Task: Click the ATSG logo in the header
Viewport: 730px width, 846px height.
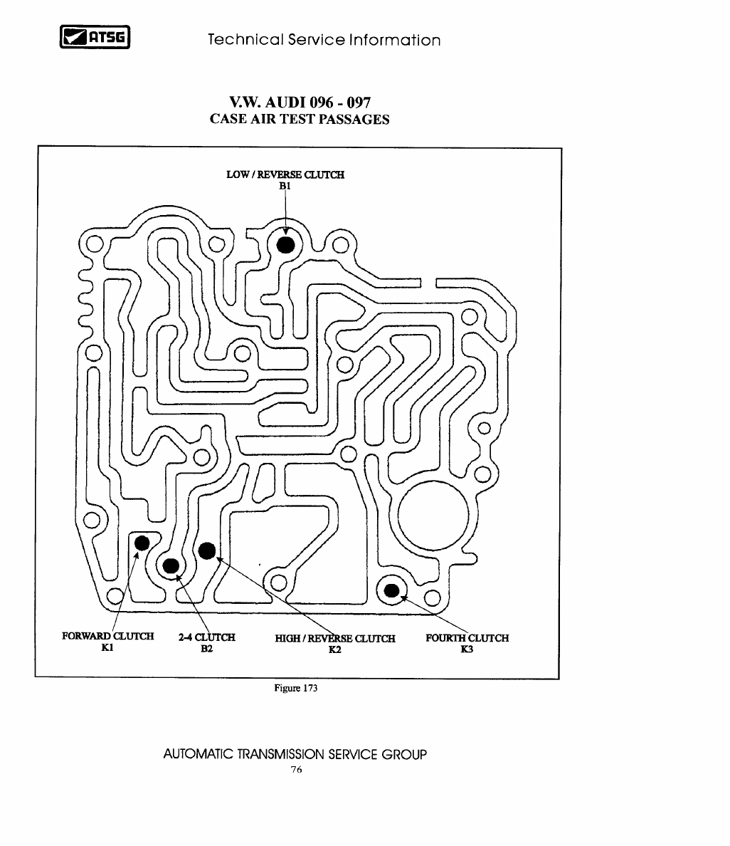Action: point(95,37)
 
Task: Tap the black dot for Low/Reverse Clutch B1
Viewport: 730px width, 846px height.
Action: point(286,244)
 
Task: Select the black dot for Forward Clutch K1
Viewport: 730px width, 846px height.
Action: point(142,543)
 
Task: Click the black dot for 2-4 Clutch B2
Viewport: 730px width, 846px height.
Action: point(171,566)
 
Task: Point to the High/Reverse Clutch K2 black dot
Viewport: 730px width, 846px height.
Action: point(207,551)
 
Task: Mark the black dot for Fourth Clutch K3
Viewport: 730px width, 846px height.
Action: point(392,591)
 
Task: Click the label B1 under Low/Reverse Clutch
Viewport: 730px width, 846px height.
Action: point(285,186)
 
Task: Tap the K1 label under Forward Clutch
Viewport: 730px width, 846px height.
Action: point(107,647)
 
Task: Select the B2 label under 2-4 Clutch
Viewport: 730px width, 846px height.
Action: point(206,649)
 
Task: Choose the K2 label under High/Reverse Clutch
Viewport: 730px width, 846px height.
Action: point(335,649)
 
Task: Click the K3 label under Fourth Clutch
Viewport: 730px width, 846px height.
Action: point(467,649)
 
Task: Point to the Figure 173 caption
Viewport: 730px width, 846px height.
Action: point(295,688)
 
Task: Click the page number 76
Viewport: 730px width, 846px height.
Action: point(297,769)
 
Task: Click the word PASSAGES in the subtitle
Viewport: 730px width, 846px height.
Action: point(354,119)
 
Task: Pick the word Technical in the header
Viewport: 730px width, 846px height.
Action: point(246,39)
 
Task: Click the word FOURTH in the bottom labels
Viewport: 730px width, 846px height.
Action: point(445,638)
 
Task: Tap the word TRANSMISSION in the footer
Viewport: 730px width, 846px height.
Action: point(281,754)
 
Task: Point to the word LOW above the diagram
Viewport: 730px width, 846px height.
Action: point(238,174)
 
